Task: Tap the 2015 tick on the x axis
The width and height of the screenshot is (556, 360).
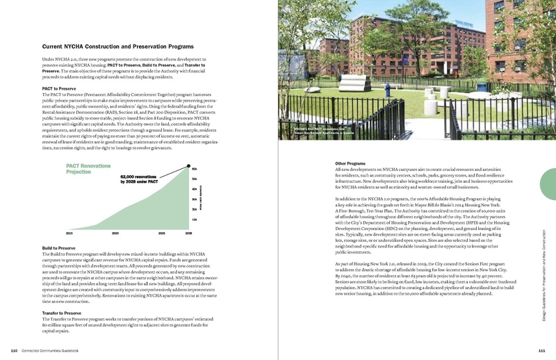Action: click(x=69, y=234)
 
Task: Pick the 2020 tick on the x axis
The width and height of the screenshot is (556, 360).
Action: click(x=115, y=234)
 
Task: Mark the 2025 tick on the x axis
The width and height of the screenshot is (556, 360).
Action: click(x=161, y=234)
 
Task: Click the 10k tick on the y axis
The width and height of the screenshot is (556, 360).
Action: click(x=194, y=220)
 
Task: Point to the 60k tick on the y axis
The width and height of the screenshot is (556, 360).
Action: click(x=194, y=169)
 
